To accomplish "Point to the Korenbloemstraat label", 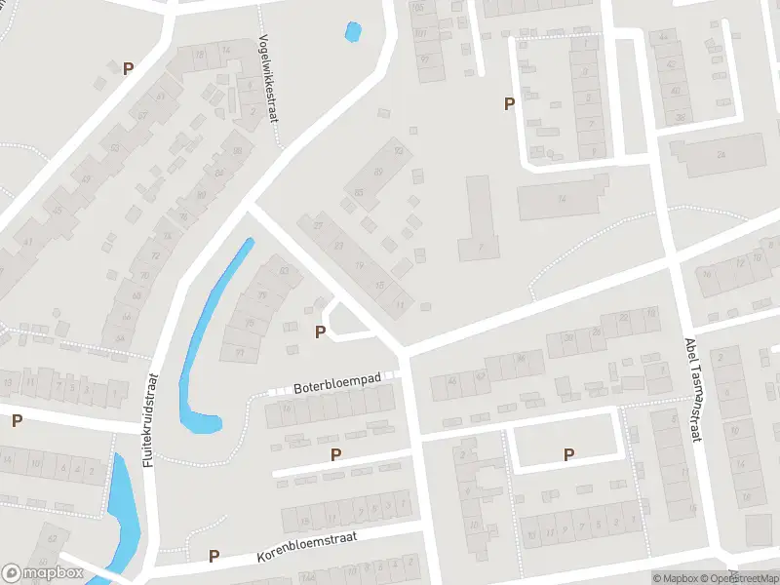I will click(307, 548).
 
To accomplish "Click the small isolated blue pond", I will click(352, 32).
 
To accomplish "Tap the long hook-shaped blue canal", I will click(211, 331).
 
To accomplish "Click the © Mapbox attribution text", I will click(676, 578).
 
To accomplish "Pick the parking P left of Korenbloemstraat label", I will click(214, 557).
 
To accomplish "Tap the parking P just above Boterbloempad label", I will click(320, 332).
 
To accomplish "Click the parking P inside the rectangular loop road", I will click(568, 454).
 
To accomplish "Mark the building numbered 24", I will click(721, 155).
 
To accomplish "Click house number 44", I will click(666, 36).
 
